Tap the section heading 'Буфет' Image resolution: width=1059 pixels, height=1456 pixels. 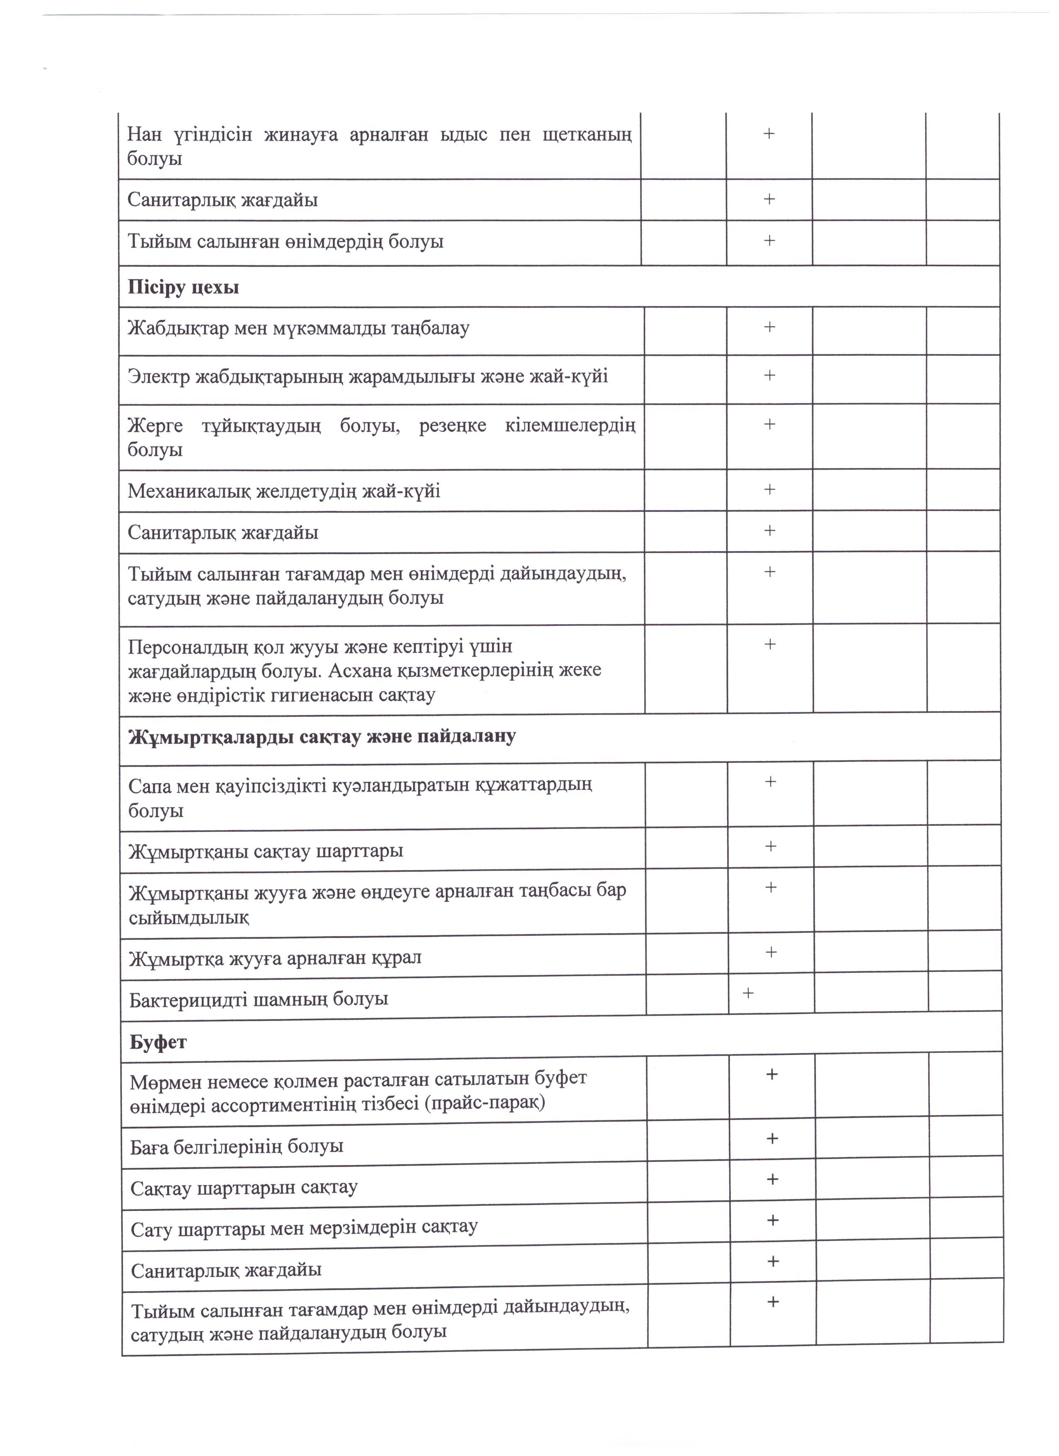158,1042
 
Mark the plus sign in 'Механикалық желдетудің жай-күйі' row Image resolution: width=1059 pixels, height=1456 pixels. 769,490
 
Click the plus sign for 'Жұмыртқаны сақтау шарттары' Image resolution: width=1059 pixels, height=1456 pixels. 771,846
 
